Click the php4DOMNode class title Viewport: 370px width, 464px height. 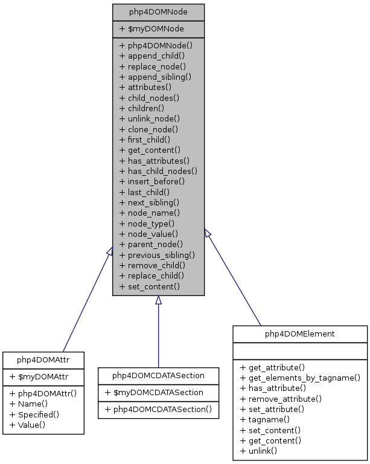158,12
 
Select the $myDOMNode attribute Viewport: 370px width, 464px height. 152,28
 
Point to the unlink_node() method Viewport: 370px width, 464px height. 150,118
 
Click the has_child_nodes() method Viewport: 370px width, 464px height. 158,171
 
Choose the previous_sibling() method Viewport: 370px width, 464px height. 157,254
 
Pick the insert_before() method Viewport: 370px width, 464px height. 152,181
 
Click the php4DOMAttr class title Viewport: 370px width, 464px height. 43,360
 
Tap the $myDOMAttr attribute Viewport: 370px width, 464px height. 38,376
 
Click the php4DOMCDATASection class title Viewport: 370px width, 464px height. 158,376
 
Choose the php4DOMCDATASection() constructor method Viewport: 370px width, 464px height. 158,409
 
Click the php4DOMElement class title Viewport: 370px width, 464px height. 300,333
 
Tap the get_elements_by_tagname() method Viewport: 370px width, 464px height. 300,378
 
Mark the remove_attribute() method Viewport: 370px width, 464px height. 281,399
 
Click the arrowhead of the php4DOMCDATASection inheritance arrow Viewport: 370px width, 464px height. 158,300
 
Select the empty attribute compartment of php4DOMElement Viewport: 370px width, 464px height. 300,350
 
